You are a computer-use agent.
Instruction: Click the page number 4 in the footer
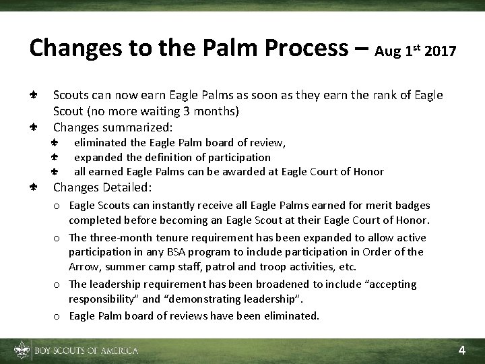(x=461, y=350)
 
